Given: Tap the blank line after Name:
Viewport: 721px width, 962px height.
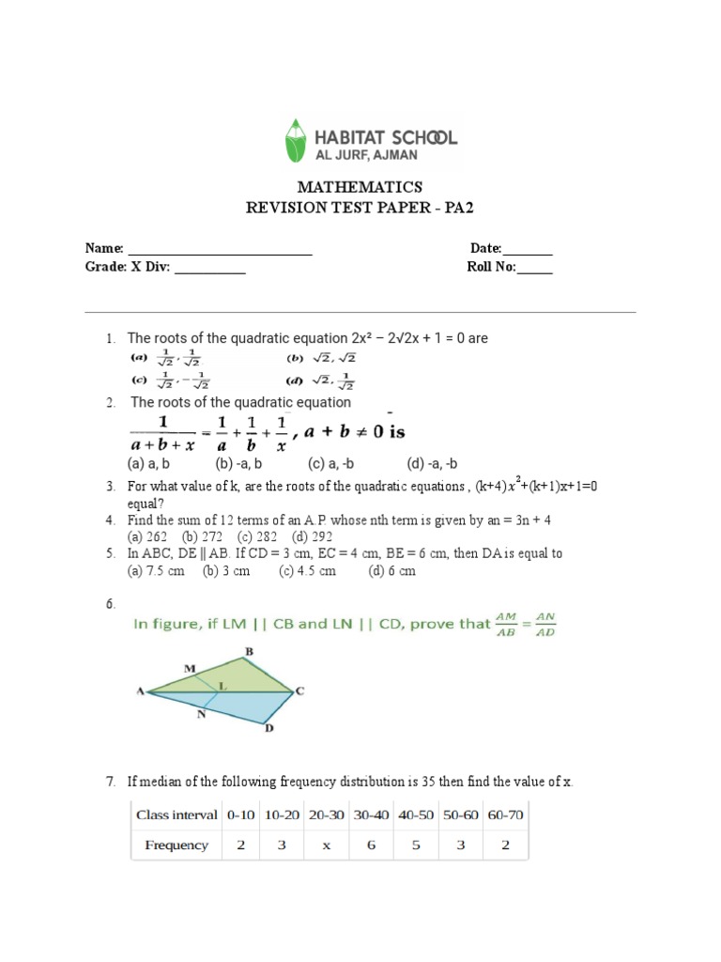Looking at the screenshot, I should tap(220, 250).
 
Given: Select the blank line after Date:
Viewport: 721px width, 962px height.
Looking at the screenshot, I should tap(529, 250).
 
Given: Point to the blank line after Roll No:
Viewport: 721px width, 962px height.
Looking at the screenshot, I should tap(535, 268).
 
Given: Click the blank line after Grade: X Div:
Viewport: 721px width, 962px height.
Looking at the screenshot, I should tap(210, 268).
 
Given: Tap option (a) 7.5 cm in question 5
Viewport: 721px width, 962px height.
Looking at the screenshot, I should tap(157, 570).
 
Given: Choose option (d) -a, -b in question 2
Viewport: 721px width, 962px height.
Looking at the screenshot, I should tap(432, 464).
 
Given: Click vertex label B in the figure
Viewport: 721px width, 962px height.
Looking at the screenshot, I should tap(250, 651).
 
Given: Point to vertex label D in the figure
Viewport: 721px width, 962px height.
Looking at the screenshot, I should tap(269, 729).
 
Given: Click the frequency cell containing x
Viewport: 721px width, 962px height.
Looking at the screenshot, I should tap(327, 846).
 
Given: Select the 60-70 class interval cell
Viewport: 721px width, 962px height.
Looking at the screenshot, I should tap(506, 815).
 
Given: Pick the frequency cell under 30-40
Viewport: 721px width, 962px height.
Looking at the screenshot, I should tap(371, 846).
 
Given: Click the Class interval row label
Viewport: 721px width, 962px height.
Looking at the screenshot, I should tap(176, 815).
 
